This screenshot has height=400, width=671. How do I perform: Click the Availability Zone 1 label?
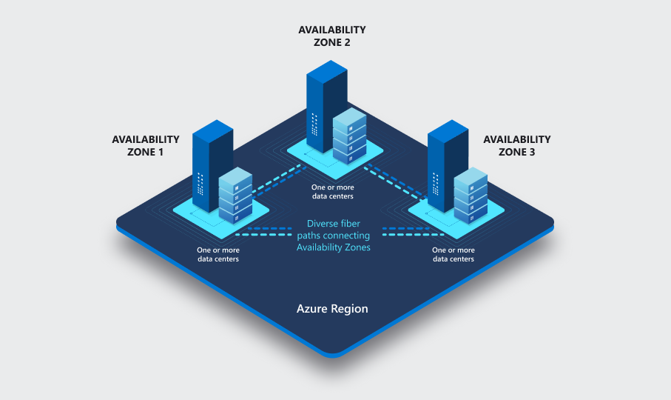pos(145,145)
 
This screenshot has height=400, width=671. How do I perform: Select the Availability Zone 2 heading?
pos(331,36)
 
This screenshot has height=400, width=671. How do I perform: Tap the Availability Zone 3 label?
pos(516,145)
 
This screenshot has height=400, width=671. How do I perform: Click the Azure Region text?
pos(332,308)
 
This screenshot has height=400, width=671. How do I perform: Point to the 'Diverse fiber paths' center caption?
pos(333,234)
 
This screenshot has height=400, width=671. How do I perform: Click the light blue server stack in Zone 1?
pos(235,194)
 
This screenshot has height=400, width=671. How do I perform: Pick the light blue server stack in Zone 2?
pos(349,135)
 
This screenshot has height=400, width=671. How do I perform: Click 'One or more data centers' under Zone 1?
pos(218,255)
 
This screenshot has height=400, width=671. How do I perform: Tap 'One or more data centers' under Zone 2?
pos(332,192)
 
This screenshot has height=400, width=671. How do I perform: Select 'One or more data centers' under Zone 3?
pos(453,255)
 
